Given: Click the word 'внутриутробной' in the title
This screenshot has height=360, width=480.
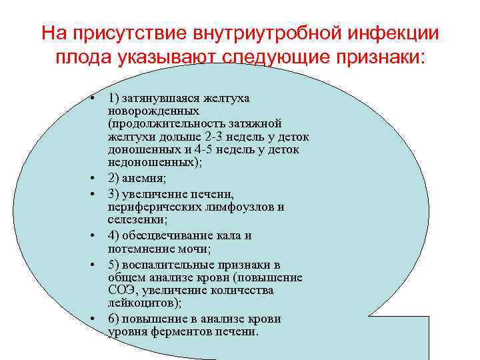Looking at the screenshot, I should [x=265, y=33].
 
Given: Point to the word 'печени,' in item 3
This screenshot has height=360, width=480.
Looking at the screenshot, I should [x=212, y=194].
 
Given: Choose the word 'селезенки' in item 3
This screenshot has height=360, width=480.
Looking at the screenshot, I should [x=133, y=219].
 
